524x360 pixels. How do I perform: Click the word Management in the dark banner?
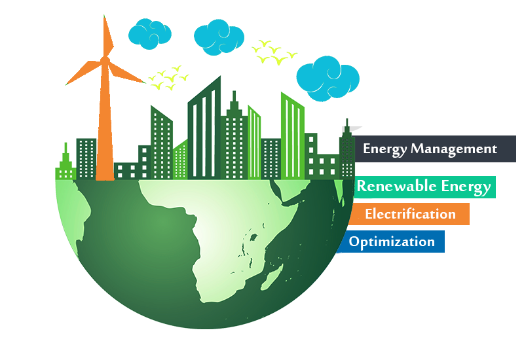[x=454, y=149]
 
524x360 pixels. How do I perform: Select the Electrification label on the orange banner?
[x=410, y=214]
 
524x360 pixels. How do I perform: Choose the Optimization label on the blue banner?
[x=392, y=242]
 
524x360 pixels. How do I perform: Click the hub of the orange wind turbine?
[x=105, y=60]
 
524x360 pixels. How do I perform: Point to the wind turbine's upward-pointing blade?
[x=107, y=36]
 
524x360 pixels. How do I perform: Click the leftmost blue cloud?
[x=150, y=34]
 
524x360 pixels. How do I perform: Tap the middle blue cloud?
[x=219, y=37]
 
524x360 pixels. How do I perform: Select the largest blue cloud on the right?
[x=328, y=79]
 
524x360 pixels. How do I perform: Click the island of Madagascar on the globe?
[x=272, y=277]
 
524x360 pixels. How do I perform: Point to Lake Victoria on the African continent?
[x=253, y=238]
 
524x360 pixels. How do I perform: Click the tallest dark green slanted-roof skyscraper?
[x=204, y=128]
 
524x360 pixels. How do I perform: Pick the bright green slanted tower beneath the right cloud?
[x=293, y=135]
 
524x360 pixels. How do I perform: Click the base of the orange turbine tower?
[x=105, y=177]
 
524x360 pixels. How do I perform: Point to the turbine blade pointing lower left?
[x=84, y=73]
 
